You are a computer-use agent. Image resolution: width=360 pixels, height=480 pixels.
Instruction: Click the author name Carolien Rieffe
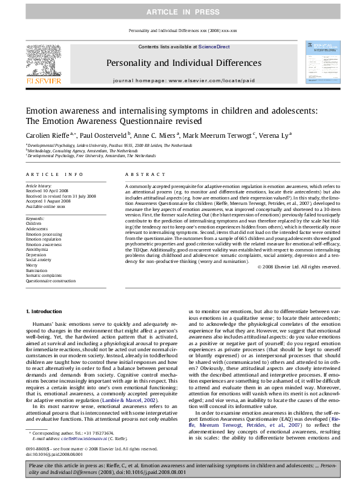(45, 137)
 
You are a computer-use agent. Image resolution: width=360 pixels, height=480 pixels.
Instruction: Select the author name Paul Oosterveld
(96, 137)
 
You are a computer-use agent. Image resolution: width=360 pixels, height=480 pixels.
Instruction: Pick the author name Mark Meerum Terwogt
(197, 137)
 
